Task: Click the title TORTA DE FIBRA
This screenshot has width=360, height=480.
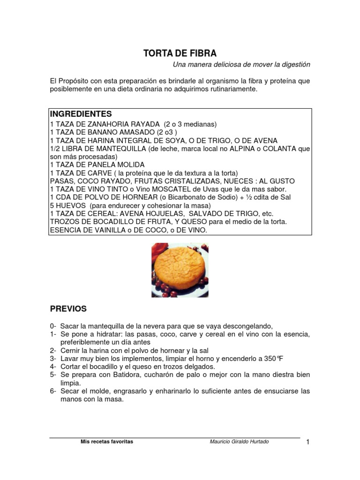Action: (180, 53)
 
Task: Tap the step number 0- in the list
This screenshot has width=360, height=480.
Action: (53, 326)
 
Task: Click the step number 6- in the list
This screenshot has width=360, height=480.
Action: (53, 391)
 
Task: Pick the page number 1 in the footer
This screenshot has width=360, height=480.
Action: (308, 442)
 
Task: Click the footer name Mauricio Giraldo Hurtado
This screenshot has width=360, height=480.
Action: (239, 442)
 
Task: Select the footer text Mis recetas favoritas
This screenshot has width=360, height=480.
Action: (107, 442)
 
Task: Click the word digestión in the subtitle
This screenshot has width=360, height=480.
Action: (293, 64)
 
